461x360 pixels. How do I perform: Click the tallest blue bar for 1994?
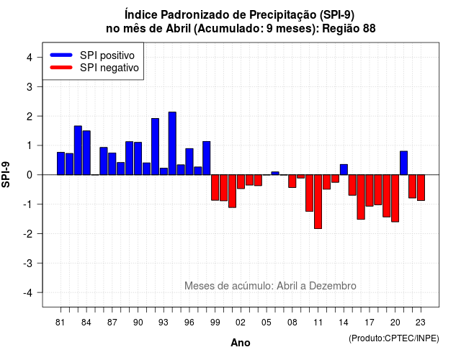point(172,143)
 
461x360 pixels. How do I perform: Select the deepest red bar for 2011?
point(318,202)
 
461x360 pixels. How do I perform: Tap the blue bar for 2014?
point(344,170)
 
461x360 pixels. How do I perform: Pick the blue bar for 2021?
point(403,163)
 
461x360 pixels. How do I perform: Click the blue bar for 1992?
point(156,147)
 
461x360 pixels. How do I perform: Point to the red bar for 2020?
point(395,199)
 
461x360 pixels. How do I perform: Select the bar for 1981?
point(61,163)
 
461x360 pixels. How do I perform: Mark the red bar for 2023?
point(421,187)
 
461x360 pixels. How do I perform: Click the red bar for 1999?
point(215,187)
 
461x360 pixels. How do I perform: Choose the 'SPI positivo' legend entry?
point(93,55)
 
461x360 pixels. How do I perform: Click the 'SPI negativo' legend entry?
point(94,68)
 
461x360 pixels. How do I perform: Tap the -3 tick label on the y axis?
point(28,263)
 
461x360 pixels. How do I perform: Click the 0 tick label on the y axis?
point(30,175)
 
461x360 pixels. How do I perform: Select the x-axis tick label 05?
point(267,323)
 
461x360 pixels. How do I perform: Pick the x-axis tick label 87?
point(112,323)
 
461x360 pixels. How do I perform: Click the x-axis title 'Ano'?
point(241,343)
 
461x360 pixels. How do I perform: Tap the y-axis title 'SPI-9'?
point(6,174)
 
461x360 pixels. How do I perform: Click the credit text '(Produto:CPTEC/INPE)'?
point(394,338)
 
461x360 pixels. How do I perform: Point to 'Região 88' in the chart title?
point(349,29)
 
